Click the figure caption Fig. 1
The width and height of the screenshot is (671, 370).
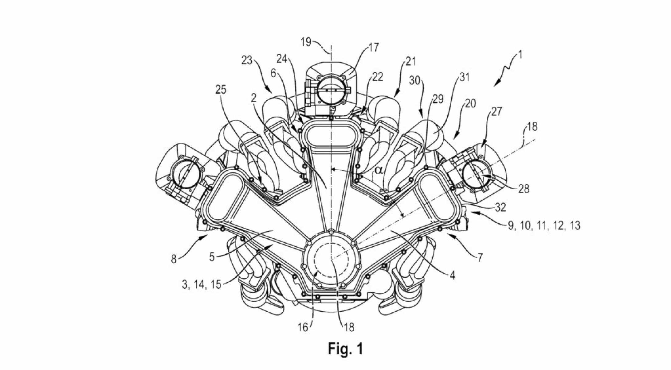(x=346, y=349)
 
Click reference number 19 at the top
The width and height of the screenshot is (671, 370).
(x=306, y=42)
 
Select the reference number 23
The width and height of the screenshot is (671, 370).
(x=247, y=60)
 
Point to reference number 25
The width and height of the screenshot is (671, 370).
(x=221, y=90)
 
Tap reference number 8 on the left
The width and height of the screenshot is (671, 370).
(x=174, y=260)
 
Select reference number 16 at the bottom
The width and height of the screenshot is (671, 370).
(x=303, y=328)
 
